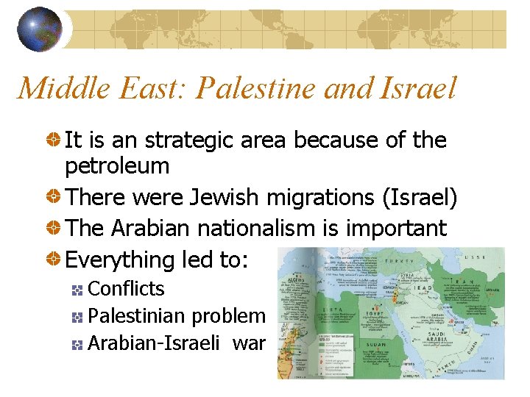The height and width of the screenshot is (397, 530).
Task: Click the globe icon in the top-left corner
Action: pos(39,29)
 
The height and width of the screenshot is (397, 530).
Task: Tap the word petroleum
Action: pos(117,166)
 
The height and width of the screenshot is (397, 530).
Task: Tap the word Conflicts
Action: pos(126,289)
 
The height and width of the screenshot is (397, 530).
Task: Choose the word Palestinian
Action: pos(137,316)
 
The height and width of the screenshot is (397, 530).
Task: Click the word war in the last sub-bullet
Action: pos(250,343)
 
